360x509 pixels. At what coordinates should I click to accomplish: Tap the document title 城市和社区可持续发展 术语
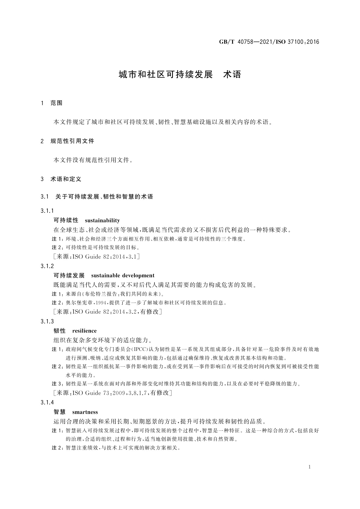pos(180,74)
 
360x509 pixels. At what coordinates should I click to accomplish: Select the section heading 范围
pos(57,103)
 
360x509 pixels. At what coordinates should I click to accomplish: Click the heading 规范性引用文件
pos(72,141)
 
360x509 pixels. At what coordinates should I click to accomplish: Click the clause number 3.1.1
pos(47,211)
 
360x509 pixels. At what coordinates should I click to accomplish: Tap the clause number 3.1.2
pos(47,266)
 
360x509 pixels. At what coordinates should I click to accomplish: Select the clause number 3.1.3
pos(47,321)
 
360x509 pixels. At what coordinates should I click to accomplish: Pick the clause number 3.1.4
pos(47,402)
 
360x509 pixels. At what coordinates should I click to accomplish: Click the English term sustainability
pos(102,220)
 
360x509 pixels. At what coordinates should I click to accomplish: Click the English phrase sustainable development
pos(122,275)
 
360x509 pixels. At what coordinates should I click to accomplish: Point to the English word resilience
pos(84,331)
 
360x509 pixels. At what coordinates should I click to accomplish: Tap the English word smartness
pos(85,412)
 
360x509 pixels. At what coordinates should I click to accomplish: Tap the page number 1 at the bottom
pos(310,467)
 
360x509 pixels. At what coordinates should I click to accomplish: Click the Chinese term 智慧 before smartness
pos(60,412)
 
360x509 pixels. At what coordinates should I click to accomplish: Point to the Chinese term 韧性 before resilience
pos(60,331)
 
